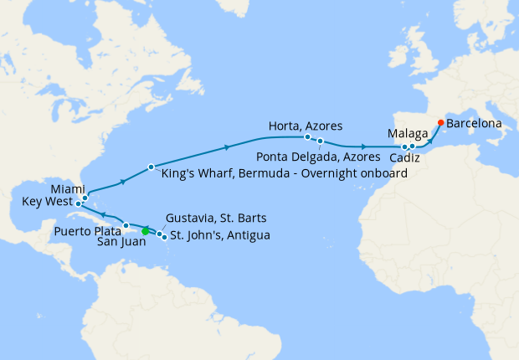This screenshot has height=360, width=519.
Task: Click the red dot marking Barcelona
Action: click(x=441, y=122)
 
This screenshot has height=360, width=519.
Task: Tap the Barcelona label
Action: click(x=474, y=123)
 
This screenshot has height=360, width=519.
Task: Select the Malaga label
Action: click(x=409, y=133)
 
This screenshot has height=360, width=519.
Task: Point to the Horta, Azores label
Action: click(x=305, y=126)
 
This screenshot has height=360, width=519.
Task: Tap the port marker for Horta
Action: click(x=307, y=136)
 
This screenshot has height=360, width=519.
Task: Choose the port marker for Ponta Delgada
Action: click(x=320, y=141)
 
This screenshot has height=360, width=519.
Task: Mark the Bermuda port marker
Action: click(x=151, y=167)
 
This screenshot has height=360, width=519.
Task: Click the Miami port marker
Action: click(x=85, y=198)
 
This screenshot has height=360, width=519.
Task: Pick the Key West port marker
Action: click(x=78, y=203)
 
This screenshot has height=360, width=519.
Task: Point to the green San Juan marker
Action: click(x=146, y=231)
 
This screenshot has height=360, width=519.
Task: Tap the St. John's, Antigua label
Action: click(x=220, y=235)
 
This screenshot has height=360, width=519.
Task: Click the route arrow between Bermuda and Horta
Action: click(x=227, y=149)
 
